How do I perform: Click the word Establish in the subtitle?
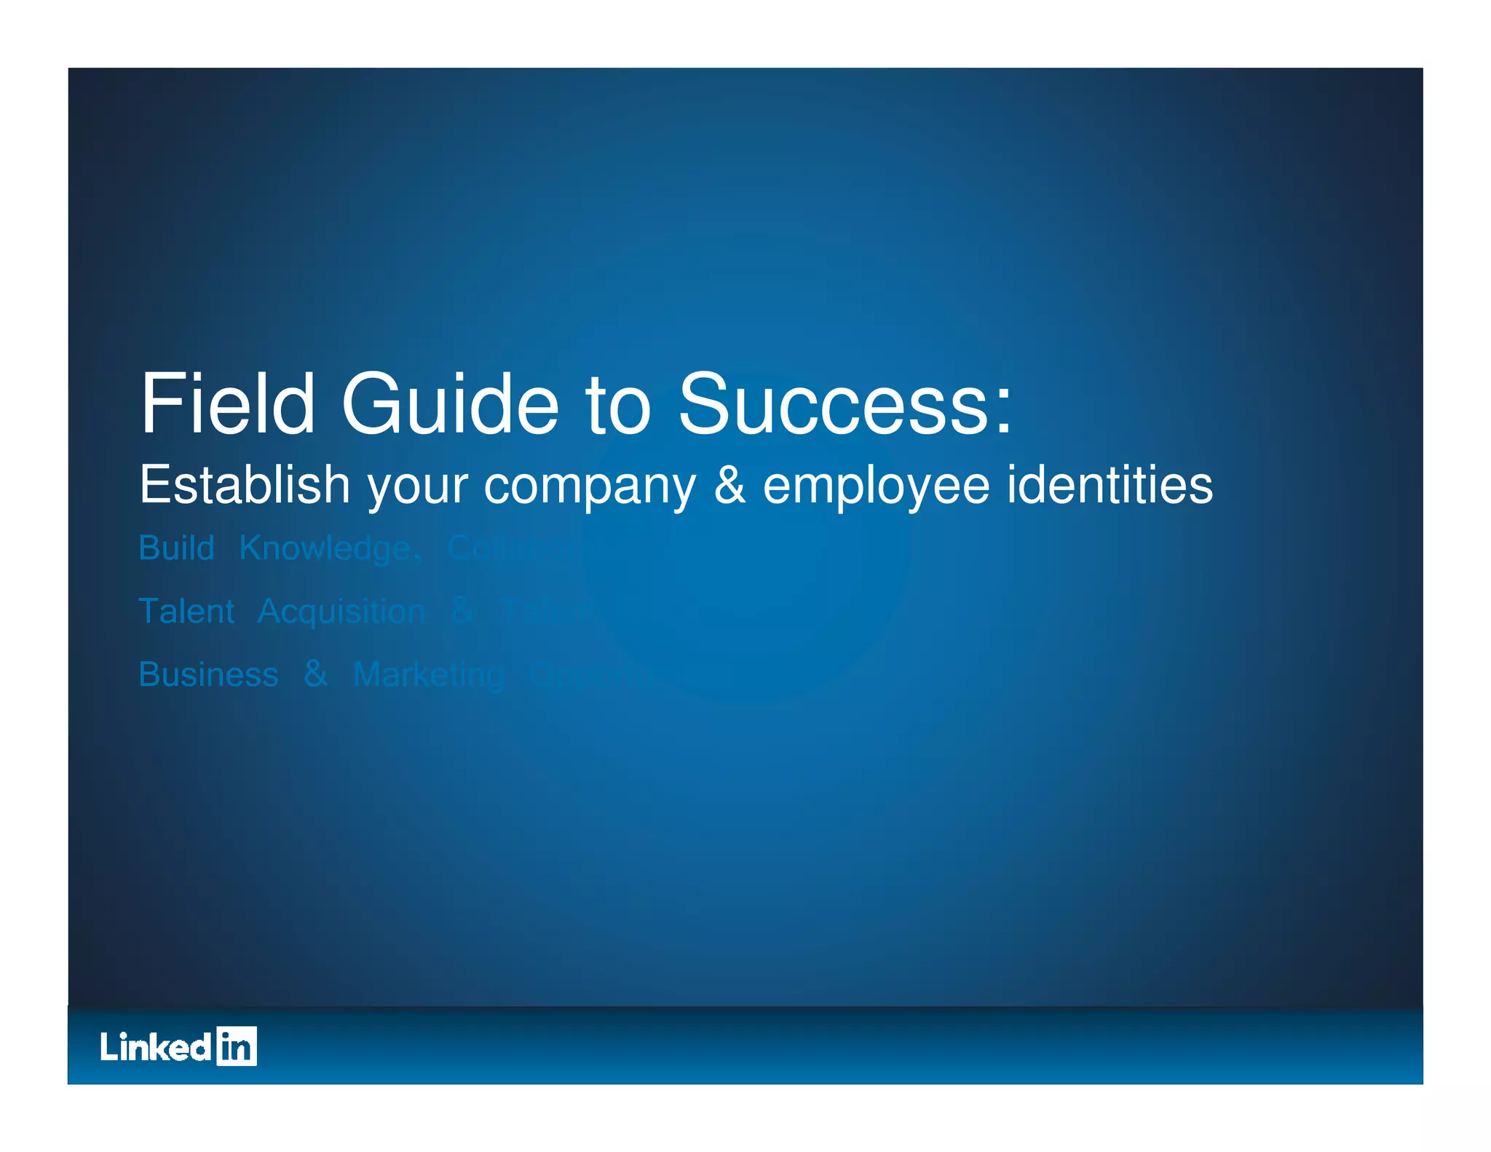[x=245, y=485]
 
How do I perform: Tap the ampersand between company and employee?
[x=729, y=485]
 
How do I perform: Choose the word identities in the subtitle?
[x=1110, y=485]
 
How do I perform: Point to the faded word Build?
[x=176, y=548]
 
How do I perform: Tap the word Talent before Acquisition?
[x=186, y=611]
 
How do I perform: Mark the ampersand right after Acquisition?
[x=464, y=611]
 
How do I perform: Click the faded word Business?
[x=208, y=674]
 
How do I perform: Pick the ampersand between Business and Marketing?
[x=315, y=674]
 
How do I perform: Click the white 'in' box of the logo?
[x=237, y=1046]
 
